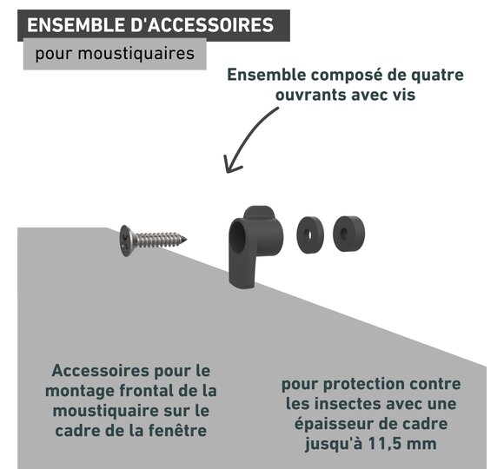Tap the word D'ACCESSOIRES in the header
(x=202, y=25)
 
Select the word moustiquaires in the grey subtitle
(x=136, y=53)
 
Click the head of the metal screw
(x=125, y=241)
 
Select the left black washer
(x=310, y=234)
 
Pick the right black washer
(x=348, y=234)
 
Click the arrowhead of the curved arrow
(x=231, y=165)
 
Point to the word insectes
(x=348, y=404)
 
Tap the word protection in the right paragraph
(x=363, y=385)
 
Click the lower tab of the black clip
(x=242, y=273)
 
